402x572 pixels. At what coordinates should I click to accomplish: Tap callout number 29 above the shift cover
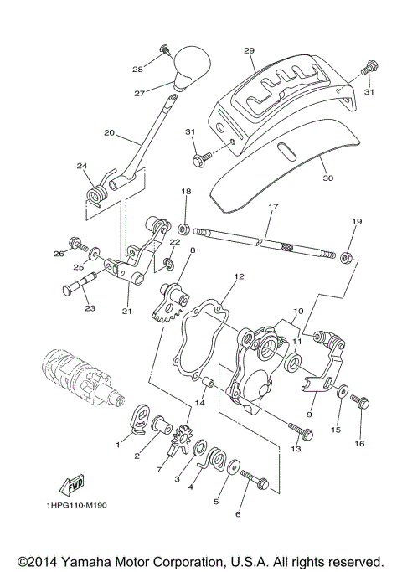tap(248, 51)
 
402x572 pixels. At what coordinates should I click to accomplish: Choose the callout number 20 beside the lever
tap(109, 133)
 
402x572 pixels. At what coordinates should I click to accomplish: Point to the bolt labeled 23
tap(76, 291)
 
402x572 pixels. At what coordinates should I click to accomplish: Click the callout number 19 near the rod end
tap(357, 222)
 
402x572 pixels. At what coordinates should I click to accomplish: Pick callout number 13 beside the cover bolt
tap(296, 449)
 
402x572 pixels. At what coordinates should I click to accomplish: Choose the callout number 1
tap(118, 446)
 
